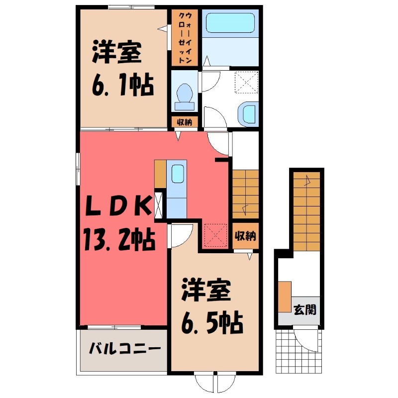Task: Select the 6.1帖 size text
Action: [x=121, y=86]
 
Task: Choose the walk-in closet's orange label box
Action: [x=185, y=38]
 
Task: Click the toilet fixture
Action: [x=185, y=95]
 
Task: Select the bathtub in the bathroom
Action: [x=230, y=23]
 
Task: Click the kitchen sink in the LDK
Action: [x=177, y=175]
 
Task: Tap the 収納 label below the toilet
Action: [x=185, y=122]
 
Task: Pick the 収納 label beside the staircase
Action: [x=245, y=235]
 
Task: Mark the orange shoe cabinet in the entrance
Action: [x=285, y=297]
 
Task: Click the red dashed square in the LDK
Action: [x=216, y=234]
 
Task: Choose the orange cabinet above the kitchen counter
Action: [x=160, y=173]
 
